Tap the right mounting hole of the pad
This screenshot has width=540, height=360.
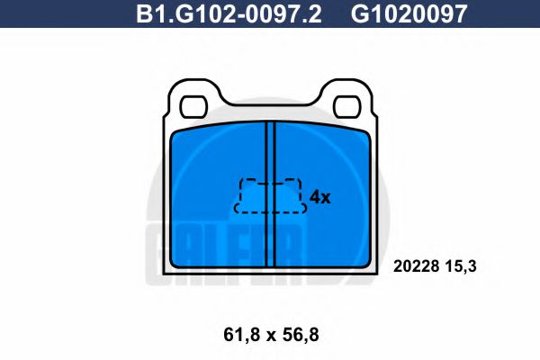[x=343, y=105]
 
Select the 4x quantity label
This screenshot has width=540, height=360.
[x=320, y=197]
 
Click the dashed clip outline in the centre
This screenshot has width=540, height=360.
[x=270, y=194]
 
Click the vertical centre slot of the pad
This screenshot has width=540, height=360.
[x=269, y=193]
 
